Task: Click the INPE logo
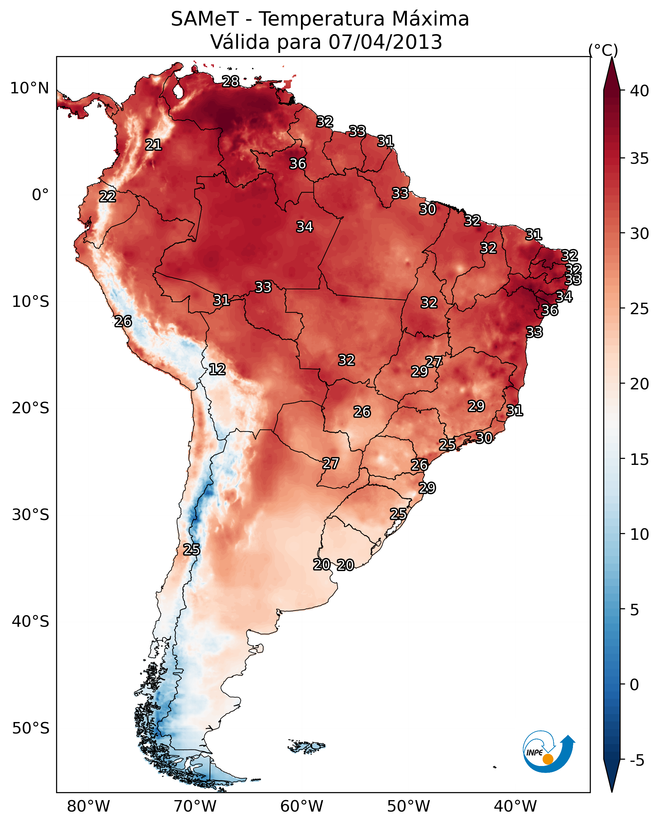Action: point(549,753)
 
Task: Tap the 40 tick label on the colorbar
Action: point(639,91)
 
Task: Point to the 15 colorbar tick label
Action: point(639,459)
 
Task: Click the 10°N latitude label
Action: point(29,88)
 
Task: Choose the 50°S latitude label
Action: point(31,728)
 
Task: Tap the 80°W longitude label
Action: point(88,806)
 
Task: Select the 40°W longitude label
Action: point(515,806)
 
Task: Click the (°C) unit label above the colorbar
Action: point(603,50)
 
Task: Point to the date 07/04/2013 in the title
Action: point(385,42)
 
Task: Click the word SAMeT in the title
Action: point(205,19)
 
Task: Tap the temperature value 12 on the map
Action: point(217,369)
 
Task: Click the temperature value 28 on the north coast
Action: point(231,81)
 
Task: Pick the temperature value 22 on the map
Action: point(107,197)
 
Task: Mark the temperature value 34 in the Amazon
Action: point(305,227)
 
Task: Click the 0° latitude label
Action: point(40,195)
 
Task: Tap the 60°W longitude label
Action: point(302,806)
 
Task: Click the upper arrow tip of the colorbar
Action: point(611,57)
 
